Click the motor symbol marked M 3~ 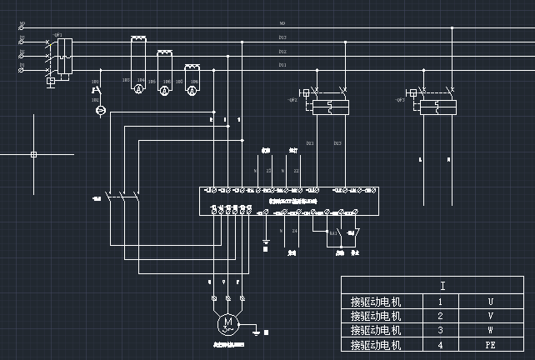click(227, 322)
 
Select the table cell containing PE click(490, 344)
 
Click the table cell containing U click(490, 301)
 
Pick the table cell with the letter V click(490, 316)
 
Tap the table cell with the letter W click(490, 330)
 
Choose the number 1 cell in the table click(441, 301)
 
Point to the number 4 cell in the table click(441, 344)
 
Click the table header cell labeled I click(442, 286)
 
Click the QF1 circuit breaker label click(57, 35)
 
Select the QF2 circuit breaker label click(292, 100)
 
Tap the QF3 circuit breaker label click(401, 100)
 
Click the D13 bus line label click(282, 37)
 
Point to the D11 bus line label click(282, 64)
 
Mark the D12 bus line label click(282, 51)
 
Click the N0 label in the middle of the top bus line click(282, 24)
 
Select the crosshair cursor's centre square click(33, 154)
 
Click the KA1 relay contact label click(332, 232)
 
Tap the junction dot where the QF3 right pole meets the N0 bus click(452, 27)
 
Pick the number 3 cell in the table click(441, 330)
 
